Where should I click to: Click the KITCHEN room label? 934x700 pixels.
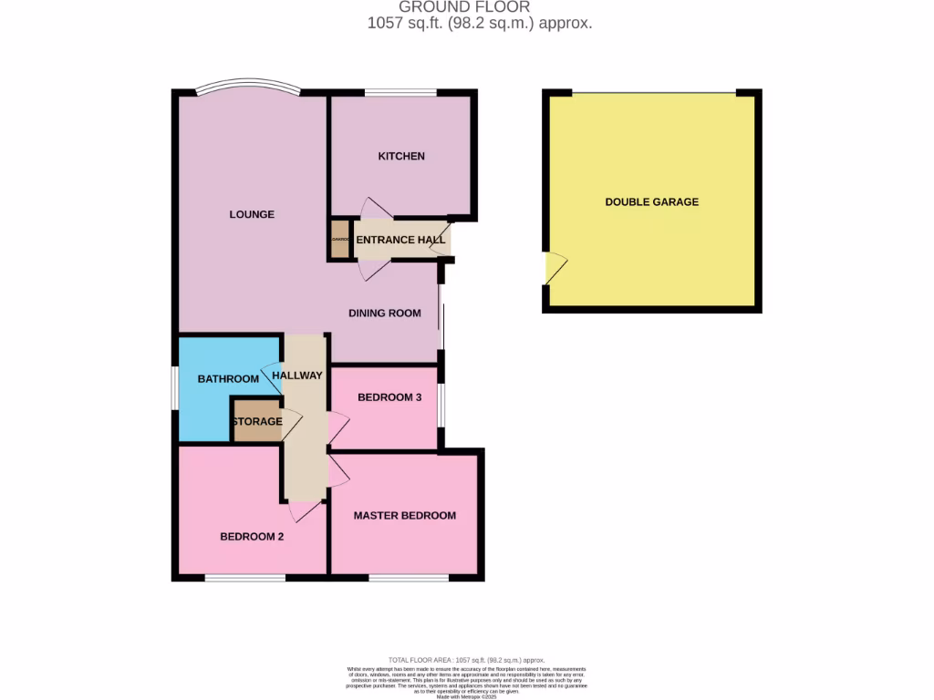[x=401, y=156]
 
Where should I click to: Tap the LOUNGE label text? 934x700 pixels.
[x=252, y=214]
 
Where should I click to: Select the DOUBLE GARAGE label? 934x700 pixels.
[x=651, y=201]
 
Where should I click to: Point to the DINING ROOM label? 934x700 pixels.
[x=385, y=313]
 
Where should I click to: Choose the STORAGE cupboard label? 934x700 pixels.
[x=256, y=421]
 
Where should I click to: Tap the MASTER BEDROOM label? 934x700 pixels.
[x=404, y=515]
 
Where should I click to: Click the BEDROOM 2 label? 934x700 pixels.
[x=252, y=537]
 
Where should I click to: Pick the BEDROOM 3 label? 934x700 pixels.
[x=389, y=397]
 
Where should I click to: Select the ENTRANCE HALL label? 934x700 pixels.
[x=400, y=240]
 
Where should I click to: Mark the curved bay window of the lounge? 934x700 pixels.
[x=248, y=88]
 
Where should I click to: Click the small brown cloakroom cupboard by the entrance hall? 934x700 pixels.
[x=340, y=239]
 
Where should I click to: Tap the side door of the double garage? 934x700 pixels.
[x=554, y=268]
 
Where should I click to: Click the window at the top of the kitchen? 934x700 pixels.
[x=400, y=92]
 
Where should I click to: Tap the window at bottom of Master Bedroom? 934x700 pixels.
[x=408, y=577]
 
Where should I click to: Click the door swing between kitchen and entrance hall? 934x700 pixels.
[x=374, y=210]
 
